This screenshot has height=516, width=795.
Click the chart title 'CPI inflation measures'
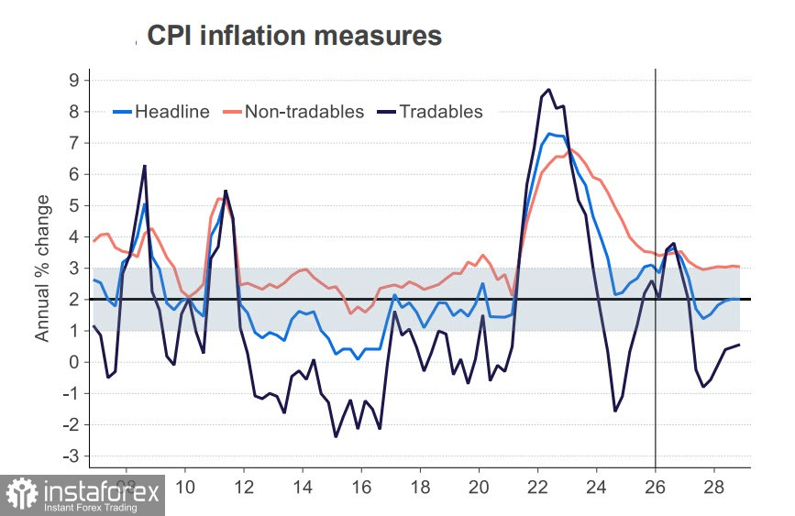[293, 36]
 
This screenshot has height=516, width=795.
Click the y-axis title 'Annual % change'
[42, 268]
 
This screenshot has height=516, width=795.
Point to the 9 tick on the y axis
[73, 80]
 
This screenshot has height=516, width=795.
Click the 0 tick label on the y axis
[73, 362]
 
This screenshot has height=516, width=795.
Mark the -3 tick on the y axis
[71, 456]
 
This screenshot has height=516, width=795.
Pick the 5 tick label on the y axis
[73, 205]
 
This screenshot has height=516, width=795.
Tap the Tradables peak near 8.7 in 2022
[548, 89]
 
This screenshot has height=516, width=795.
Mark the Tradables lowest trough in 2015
[336, 436]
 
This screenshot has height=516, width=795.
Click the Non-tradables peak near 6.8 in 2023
[570, 149]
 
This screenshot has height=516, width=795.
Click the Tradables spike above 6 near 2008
[145, 166]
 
